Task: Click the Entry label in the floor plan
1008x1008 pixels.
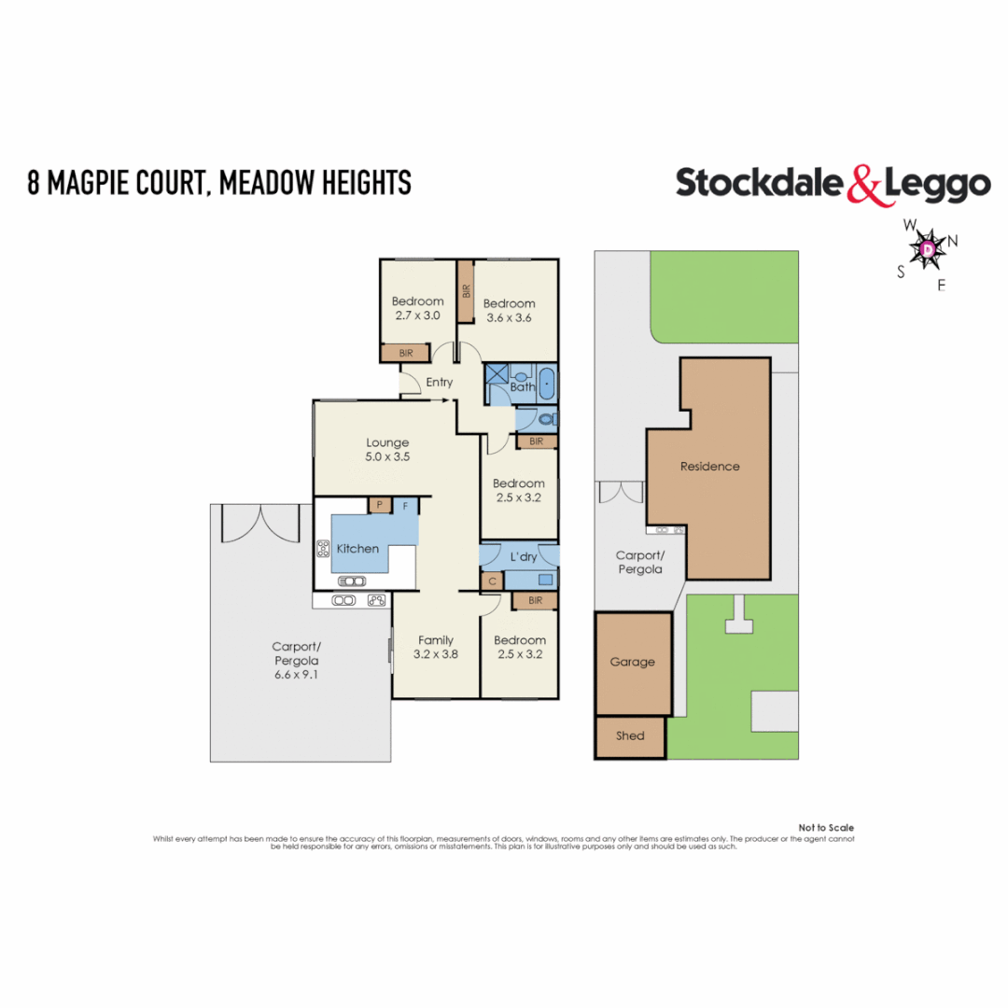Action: (x=439, y=383)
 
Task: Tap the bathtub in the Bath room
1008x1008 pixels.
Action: (x=547, y=385)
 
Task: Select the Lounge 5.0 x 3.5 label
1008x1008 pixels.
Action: (x=387, y=450)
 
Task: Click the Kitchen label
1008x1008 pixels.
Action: (x=357, y=549)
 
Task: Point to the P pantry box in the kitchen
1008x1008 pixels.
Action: (x=379, y=505)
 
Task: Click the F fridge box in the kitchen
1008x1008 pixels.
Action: (x=406, y=505)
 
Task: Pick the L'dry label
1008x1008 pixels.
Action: (x=523, y=557)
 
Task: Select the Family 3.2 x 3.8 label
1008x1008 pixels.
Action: (x=436, y=647)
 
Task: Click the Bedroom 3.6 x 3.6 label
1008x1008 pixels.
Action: (x=509, y=310)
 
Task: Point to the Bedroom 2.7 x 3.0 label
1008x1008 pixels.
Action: (x=417, y=308)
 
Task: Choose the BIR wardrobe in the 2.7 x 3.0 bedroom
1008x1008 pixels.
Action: (x=406, y=354)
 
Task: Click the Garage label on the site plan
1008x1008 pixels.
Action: (x=633, y=662)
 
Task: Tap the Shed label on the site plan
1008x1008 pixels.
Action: (x=630, y=735)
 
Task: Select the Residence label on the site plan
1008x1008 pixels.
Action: (x=709, y=467)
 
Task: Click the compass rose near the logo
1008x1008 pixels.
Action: (x=927, y=249)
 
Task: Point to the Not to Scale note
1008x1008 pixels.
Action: (x=826, y=828)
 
